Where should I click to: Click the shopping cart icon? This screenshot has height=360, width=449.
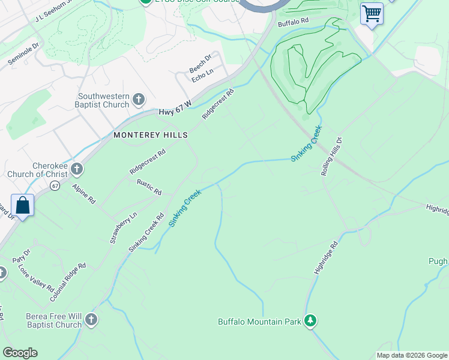[x=372, y=13]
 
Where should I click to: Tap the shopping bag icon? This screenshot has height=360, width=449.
[x=22, y=205]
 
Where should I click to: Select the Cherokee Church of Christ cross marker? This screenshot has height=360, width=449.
[x=76, y=170]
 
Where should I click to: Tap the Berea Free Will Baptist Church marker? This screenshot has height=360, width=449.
[x=91, y=319]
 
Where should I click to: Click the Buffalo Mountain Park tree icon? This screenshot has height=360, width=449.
[x=310, y=321]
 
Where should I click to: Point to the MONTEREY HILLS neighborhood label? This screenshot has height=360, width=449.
[x=151, y=136]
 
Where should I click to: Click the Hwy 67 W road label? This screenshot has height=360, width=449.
[x=175, y=109]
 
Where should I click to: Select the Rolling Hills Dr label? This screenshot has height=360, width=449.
[x=331, y=157]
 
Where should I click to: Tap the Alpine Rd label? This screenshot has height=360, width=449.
[x=83, y=194]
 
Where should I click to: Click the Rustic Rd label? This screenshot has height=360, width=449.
[x=149, y=187]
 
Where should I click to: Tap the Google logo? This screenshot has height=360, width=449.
[x=20, y=353]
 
